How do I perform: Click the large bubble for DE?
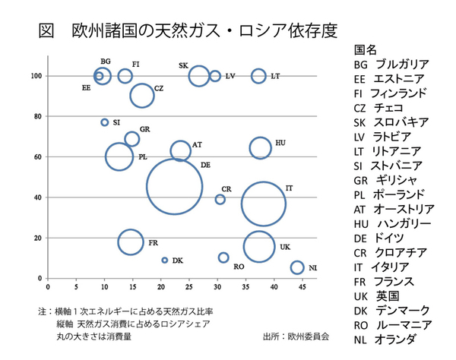pyautogui.click(x=175, y=187)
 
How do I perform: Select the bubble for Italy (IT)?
pyautogui.click(x=263, y=204)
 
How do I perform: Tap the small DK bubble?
pyautogui.click(x=164, y=260)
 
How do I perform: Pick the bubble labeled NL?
pyautogui.click(x=297, y=267)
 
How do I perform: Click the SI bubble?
pyautogui.click(x=105, y=122)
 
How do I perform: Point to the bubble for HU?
pyautogui.click(x=261, y=148)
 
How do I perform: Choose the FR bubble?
pyautogui.click(x=131, y=242)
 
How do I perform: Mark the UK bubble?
pyautogui.click(x=260, y=247)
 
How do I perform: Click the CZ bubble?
pyautogui.click(x=142, y=95)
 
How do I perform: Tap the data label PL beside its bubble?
pyautogui.click(x=142, y=157)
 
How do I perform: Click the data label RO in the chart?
pyautogui.click(x=239, y=267)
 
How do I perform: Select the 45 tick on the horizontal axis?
pyautogui.click(x=302, y=288)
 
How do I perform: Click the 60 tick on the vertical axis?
pyautogui.click(x=37, y=156)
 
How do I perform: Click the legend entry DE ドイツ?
pyautogui.click(x=380, y=238)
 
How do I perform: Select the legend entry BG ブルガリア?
pyautogui.click(x=391, y=64)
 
